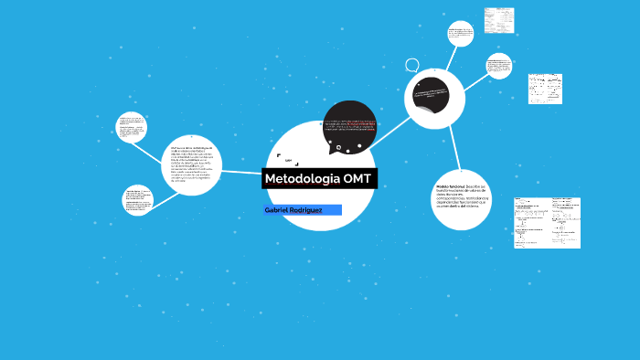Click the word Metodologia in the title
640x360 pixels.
[295, 178]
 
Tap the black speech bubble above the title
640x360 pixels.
[349, 127]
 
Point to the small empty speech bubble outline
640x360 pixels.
[412, 66]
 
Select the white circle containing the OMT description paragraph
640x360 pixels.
[194, 164]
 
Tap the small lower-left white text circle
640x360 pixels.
[138, 200]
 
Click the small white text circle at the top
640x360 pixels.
[461, 34]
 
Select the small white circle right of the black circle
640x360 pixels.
[499, 66]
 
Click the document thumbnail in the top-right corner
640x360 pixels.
[499, 19]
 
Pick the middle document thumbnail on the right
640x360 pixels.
[545, 89]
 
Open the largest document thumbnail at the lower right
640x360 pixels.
[547, 222]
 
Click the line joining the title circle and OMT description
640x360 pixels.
[243, 171]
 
